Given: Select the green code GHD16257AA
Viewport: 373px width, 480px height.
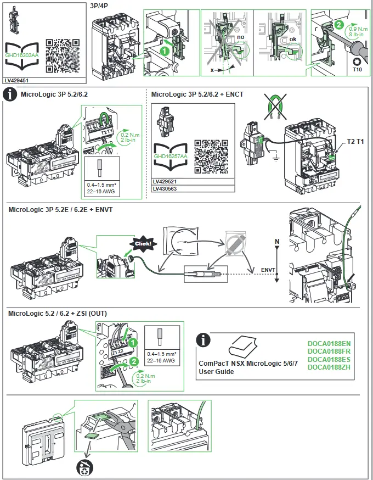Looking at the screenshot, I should (171, 157).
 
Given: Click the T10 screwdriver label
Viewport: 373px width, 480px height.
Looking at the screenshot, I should (357, 70).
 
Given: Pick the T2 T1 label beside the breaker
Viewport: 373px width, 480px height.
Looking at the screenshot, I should (355, 142).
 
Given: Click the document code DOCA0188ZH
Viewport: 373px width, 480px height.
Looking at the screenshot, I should (329, 366).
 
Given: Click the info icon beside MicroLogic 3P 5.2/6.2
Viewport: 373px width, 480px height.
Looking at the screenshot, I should (11, 94).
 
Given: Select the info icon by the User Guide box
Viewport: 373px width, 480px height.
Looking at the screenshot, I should (204, 340).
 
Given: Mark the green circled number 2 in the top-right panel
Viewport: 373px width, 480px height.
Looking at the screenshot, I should (339, 25).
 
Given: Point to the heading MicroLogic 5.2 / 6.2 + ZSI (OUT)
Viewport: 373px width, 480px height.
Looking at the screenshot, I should (57, 313).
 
